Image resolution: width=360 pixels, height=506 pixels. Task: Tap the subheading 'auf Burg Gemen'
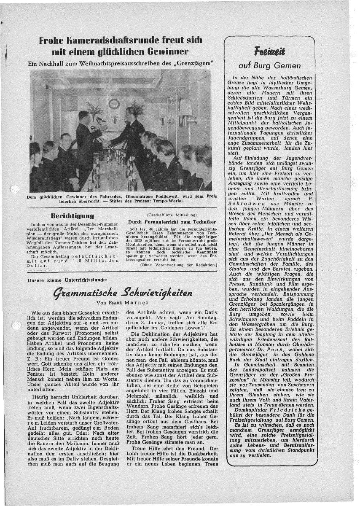pyautogui.click(x=270, y=65)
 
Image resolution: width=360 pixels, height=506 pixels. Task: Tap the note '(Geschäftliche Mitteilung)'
pyautogui.click(x=172, y=215)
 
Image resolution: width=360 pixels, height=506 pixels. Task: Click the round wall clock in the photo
pyautogui.click(x=114, y=104)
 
